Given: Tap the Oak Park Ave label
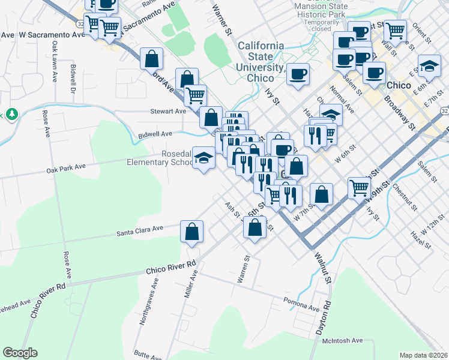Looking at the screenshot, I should point(66,171).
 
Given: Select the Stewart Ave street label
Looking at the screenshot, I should point(169,111).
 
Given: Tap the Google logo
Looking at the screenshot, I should point(20,352).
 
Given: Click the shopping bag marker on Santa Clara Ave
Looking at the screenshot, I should point(191,231).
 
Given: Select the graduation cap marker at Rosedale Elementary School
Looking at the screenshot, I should point(204,158).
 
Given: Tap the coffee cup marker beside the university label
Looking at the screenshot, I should point(298,74).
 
